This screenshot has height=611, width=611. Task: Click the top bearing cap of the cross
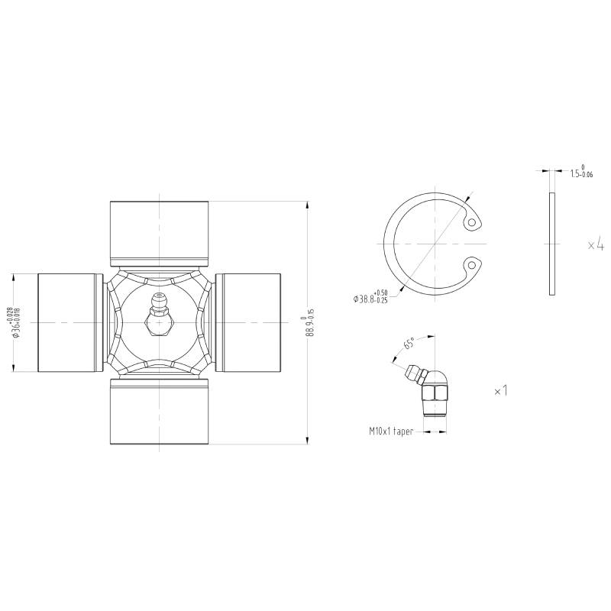pos(159,234)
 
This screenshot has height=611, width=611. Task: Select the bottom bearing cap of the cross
pos(159,412)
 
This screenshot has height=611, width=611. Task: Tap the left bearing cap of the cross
pos(70,322)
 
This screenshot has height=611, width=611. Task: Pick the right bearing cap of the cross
pos(247,322)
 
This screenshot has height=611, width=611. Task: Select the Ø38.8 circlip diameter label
pos(370,297)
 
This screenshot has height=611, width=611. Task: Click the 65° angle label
pos(409,344)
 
